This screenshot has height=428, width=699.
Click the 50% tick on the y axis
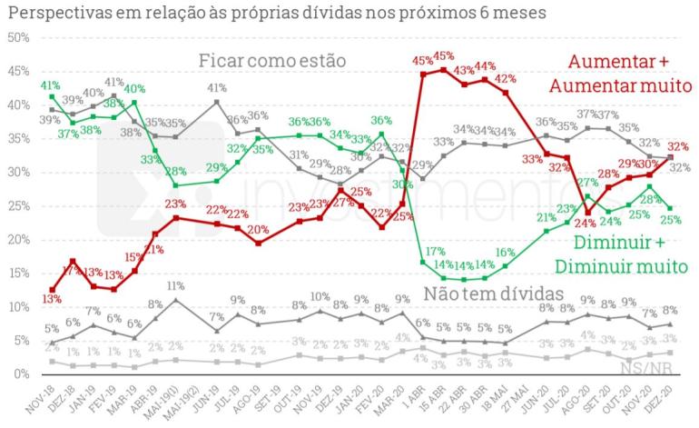[x=19, y=37]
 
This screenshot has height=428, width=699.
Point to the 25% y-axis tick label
[x=19, y=205]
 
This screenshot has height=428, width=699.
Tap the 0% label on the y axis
[x=23, y=373]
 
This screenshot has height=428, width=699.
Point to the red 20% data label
[x=259, y=228]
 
